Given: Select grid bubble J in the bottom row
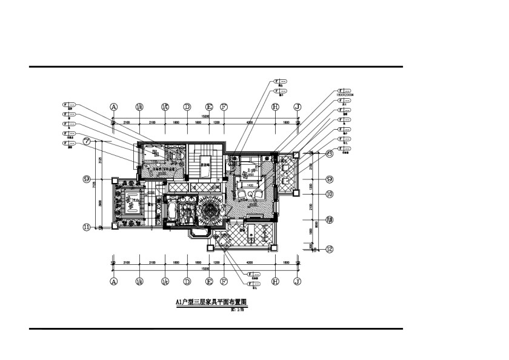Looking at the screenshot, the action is coord(297,282).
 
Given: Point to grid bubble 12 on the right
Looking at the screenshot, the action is coord(330,248).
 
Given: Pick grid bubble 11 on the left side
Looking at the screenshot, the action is coord(87,227).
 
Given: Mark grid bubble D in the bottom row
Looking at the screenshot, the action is coord(187,282).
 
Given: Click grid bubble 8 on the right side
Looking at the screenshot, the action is coord(330,154).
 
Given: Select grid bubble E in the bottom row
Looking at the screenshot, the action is coord(210,282).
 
